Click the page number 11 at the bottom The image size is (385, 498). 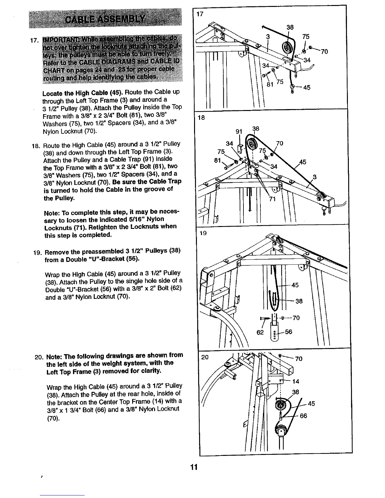(193, 467)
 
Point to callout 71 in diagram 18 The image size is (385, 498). (272, 198)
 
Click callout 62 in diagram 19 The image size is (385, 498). (260, 332)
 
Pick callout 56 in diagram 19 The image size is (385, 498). (288, 332)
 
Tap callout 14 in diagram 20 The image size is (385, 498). (295, 382)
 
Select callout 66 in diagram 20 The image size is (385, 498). (303, 416)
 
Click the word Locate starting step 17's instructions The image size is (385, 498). (52, 92)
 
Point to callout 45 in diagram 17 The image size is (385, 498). (306, 87)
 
